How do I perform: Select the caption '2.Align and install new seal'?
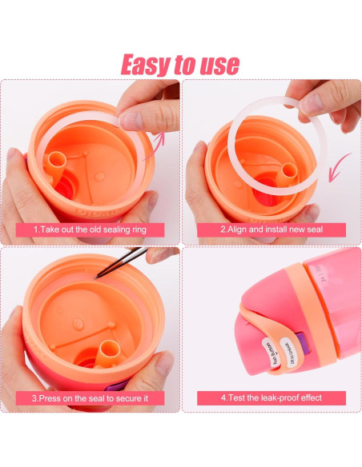[x=271, y=230]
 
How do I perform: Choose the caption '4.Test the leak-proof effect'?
[x=271, y=397]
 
